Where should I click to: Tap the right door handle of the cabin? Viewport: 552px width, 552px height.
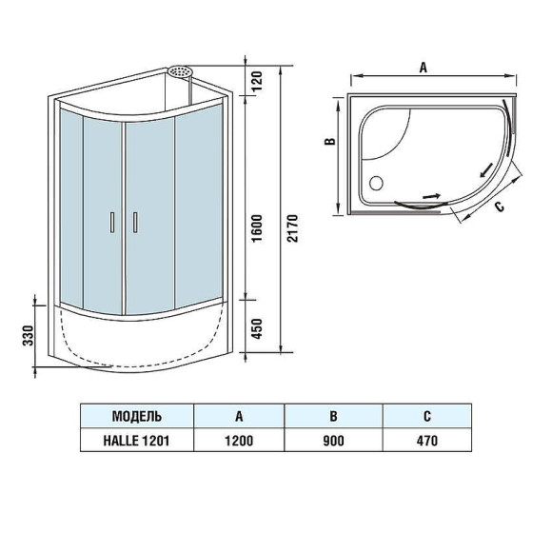(x=135, y=221)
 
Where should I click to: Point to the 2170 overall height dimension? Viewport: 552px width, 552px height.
(x=292, y=228)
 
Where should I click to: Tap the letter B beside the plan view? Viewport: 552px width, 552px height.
(x=328, y=142)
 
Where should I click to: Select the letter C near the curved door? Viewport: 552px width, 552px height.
(x=499, y=202)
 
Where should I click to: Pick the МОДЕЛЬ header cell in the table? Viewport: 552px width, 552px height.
(x=136, y=417)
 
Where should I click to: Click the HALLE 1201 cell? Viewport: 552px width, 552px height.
(x=136, y=442)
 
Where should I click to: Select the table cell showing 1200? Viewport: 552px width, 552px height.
(x=238, y=442)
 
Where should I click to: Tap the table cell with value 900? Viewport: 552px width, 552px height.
(x=332, y=442)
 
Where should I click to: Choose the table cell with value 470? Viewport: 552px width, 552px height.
(x=427, y=442)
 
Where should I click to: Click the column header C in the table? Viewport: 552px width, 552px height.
(x=427, y=417)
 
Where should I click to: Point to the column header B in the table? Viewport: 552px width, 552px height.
(x=332, y=417)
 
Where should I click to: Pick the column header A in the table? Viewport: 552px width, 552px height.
(x=238, y=417)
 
